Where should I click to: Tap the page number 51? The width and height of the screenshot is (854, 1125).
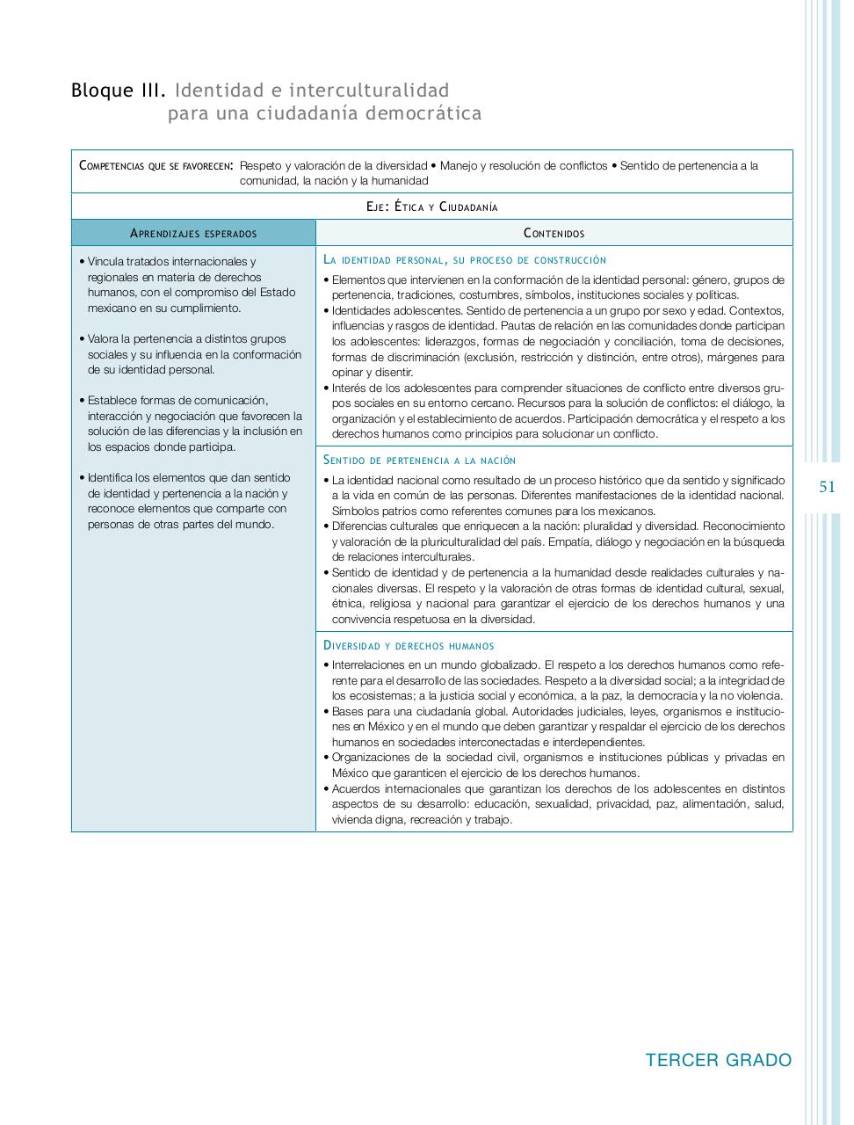827,487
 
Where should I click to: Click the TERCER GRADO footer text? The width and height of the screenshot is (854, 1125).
718,1060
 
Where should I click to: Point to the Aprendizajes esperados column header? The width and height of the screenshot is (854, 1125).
193,233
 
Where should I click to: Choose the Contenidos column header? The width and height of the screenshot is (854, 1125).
554,233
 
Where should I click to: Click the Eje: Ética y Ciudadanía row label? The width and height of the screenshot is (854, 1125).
431,207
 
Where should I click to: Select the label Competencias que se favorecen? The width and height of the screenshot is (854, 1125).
156,165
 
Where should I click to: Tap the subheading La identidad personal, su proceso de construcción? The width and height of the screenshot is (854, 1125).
465,260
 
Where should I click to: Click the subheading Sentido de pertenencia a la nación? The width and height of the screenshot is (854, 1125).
419,461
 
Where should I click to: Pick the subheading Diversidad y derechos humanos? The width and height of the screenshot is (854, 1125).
409,646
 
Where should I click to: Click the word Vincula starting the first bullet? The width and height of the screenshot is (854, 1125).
105,262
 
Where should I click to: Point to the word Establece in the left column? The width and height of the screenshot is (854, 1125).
112,401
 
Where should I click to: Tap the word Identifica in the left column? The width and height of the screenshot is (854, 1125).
111,478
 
